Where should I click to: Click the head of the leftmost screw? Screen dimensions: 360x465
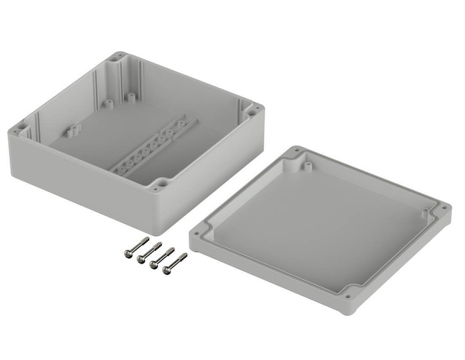pos(128,255)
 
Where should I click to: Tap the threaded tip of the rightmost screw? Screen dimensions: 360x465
pos(185,256)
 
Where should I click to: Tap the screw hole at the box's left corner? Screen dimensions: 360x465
pos(21,128)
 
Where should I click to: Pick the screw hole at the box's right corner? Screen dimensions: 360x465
pos(254,109)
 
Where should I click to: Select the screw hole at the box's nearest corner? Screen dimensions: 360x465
pos(161,184)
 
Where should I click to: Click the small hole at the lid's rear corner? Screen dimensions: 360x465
pos(296,151)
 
